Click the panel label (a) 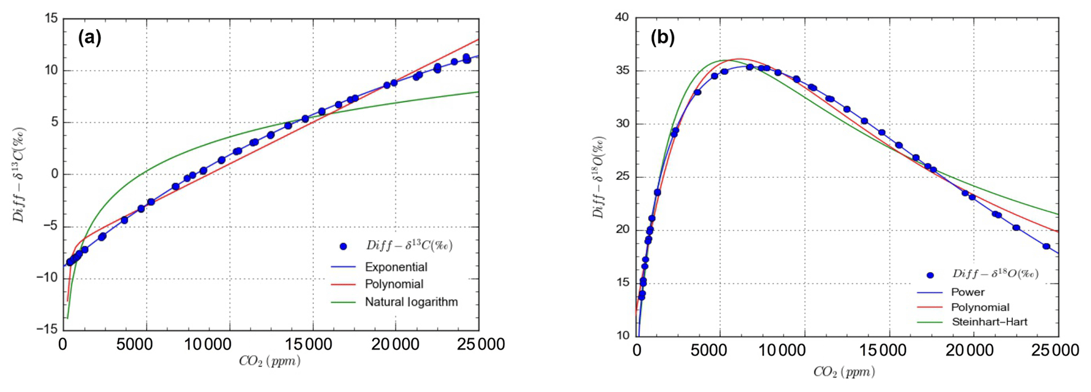[x=90, y=37]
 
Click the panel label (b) [x=663, y=37]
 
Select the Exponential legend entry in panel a [x=396, y=267]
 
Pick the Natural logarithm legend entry [x=411, y=302]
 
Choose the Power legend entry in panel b [x=967, y=292]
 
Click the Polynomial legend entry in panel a [x=394, y=284]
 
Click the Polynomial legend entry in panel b [x=980, y=307]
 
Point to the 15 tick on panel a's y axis [x=51, y=18]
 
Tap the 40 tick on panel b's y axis [x=622, y=17]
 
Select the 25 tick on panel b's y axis [x=622, y=177]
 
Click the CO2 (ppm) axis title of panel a [x=270, y=361]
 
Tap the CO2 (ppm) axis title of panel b [x=844, y=372]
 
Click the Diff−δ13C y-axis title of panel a [x=20, y=174]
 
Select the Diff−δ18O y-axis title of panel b [x=599, y=177]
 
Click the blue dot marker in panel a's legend [x=343, y=246]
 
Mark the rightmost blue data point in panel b [x=1046, y=246]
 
